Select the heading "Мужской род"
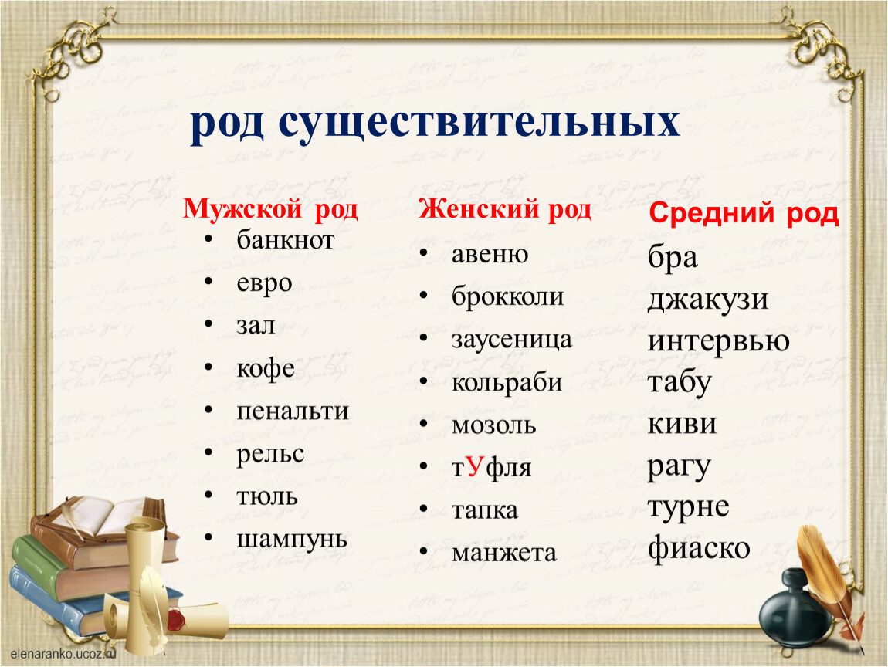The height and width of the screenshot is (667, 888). [270, 209]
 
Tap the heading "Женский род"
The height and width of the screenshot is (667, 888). [505, 209]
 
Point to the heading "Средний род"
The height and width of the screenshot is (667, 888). [744, 214]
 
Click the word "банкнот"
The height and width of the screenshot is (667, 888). [286, 240]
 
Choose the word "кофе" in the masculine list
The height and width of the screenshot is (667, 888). [265, 368]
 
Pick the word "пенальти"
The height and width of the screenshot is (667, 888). [292, 411]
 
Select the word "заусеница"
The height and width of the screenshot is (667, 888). [511, 340]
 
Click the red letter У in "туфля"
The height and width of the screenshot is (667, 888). [476, 466]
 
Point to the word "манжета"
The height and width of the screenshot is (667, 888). [504, 554]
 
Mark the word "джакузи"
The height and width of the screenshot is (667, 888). [708, 300]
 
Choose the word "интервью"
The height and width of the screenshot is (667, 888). [719, 341]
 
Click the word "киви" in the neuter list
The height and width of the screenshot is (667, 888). [682, 424]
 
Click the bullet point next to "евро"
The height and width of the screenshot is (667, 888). [208, 282]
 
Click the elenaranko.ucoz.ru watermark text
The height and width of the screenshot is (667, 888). [63, 653]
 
